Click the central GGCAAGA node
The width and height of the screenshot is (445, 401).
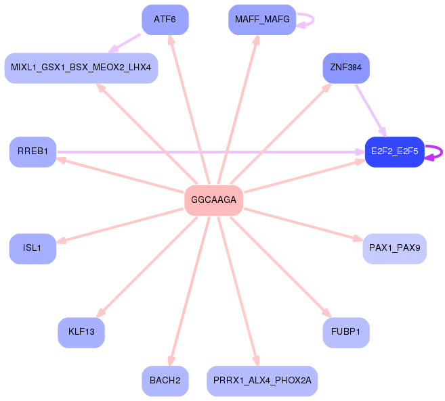coord(214,200)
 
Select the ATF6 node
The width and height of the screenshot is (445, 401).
coord(165,20)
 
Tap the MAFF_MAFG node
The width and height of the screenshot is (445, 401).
coord(262,20)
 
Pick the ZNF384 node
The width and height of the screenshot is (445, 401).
coord(346,68)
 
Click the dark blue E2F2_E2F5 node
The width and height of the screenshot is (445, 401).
coord(394,152)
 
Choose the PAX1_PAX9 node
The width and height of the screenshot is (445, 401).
coord(394,249)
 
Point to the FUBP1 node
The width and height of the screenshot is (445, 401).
coord(346,333)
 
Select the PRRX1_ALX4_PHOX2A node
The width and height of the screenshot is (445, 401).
coord(262,381)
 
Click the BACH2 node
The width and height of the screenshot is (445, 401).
coord(165,381)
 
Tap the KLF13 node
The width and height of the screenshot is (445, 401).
coord(81,333)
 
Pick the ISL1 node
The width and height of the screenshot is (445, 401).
coord(33,249)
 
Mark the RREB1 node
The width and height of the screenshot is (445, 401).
coord(33,152)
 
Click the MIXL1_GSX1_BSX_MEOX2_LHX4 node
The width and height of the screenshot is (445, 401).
coord(81,68)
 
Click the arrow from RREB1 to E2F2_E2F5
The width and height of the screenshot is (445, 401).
coord(211,152)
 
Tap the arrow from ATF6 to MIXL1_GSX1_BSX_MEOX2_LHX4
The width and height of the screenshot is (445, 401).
coord(125,43)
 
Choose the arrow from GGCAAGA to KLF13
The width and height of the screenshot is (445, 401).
coord(146,267)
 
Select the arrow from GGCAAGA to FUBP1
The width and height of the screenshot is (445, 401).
coord(280,267)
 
